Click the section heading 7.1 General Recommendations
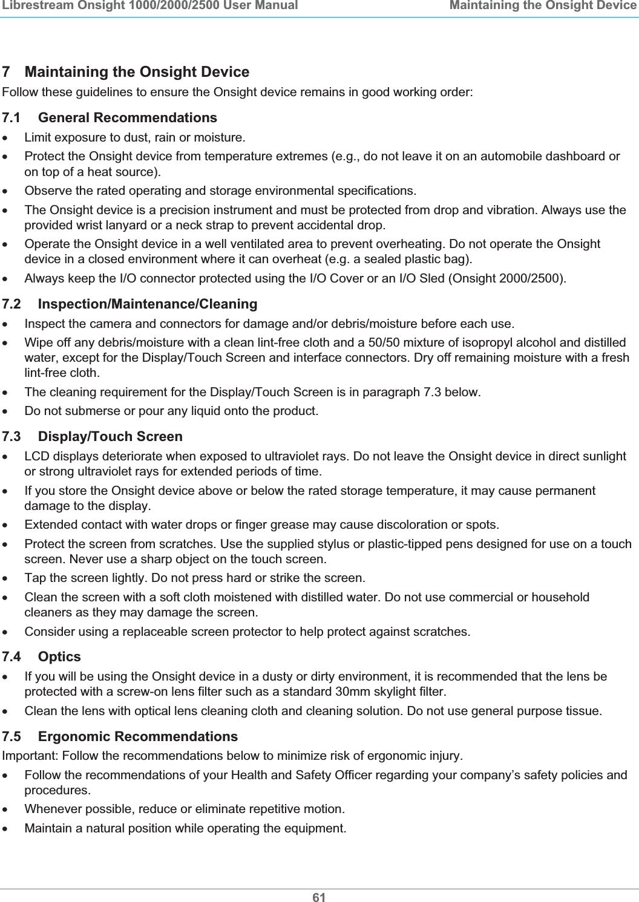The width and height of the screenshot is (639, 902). click(x=110, y=117)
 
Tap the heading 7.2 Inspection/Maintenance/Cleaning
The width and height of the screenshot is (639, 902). click(x=129, y=303)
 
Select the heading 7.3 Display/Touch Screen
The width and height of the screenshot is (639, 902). click(x=93, y=436)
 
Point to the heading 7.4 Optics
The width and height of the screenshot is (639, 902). click(x=42, y=656)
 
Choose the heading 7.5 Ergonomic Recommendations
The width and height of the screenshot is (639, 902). click(x=120, y=736)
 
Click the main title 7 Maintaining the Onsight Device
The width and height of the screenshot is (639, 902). click(x=126, y=72)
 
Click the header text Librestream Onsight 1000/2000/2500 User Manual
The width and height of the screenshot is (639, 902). click(x=149, y=6)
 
